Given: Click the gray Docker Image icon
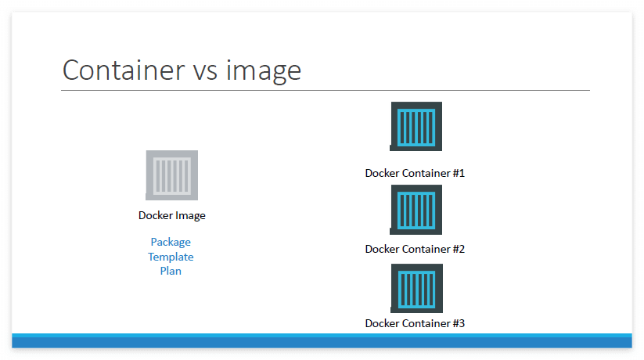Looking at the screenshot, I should pos(171,175).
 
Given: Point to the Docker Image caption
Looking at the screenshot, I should pos(171,215).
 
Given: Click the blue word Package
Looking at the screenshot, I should pos(171,242).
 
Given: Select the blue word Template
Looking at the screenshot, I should pos(171,257).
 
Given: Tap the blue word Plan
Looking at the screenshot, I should pos(171,271).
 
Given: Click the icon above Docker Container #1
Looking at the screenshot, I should pos(416,126).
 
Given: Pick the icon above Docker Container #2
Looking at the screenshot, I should pos(416,210).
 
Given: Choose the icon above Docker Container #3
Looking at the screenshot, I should pos(416,288).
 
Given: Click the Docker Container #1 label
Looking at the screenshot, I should pos(415,173).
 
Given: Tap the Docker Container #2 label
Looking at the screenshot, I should pos(415,249).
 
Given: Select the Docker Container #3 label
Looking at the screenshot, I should pos(415,322).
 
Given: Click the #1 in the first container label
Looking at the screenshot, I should pos(459,173).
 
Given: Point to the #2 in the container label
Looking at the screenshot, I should pos(459,249).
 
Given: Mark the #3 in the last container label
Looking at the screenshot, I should pos(459,322).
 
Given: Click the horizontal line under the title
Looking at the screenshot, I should pos(325,90).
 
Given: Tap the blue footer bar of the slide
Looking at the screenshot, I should pos(322,341).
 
